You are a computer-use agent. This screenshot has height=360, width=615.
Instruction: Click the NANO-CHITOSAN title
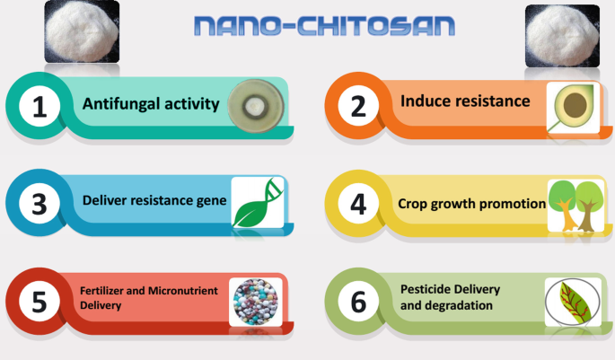(324, 26)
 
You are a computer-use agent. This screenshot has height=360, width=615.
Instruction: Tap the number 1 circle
(40, 106)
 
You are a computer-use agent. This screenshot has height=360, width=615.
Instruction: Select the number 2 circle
(358, 106)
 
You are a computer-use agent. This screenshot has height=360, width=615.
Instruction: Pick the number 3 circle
(40, 204)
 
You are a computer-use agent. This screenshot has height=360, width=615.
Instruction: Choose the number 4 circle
(358, 204)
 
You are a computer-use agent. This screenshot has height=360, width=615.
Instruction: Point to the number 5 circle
(40, 301)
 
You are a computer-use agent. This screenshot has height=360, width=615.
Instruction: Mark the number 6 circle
(358, 301)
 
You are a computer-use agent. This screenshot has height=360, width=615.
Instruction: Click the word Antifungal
(121, 104)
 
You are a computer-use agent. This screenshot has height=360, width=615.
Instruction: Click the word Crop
(412, 205)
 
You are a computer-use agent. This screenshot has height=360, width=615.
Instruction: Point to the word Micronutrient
(183, 291)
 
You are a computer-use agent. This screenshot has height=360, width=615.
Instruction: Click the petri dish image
(256, 106)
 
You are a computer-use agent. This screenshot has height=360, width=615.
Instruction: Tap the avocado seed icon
(573, 107)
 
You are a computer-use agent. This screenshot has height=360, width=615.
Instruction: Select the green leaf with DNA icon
(258, 202)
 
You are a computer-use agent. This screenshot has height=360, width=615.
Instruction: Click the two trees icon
(575, 206)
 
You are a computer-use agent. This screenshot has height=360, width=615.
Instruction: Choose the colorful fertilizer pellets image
(256, 302)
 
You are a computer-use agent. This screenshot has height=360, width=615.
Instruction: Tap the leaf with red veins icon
(573, 302)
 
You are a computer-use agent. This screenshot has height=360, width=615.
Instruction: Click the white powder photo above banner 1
(82, 31)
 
